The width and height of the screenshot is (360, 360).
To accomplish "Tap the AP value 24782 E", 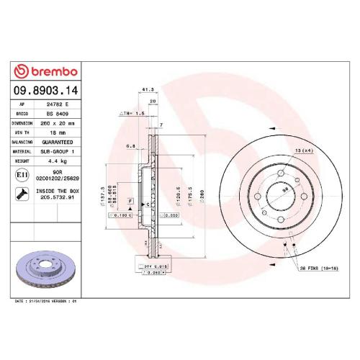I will [x=59, y=104].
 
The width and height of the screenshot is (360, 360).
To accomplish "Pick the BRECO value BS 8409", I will [x=58, y=114].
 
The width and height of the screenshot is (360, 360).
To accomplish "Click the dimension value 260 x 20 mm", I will [x=60, y=123].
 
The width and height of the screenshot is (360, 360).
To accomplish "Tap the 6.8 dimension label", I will [x=130, y=146].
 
